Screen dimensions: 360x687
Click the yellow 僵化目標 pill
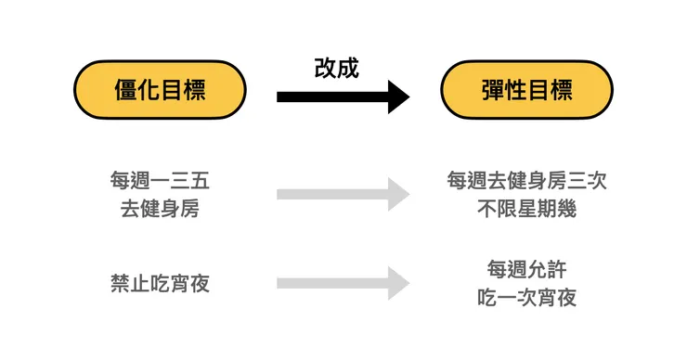[x=160, y=90]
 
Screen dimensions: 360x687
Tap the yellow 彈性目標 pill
[x=526, y=90]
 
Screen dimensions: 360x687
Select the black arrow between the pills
[x=334, y=96]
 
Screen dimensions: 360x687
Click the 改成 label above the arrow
[x=336, y=68]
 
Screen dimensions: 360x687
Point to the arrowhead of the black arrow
[x=398, y=96]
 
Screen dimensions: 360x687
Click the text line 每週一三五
[x=160, y=180]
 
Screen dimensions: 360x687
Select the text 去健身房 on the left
[x=160, y=209]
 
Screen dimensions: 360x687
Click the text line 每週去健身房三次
[x=526, y=180]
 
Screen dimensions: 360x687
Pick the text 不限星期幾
[x=526, y=209]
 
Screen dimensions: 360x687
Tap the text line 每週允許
[x=526, y=269]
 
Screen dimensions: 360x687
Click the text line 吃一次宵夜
[x=526, y=298]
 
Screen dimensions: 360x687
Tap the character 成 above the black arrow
[x=347, y=68]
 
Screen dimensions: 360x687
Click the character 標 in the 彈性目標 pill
[x=561, y=90]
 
